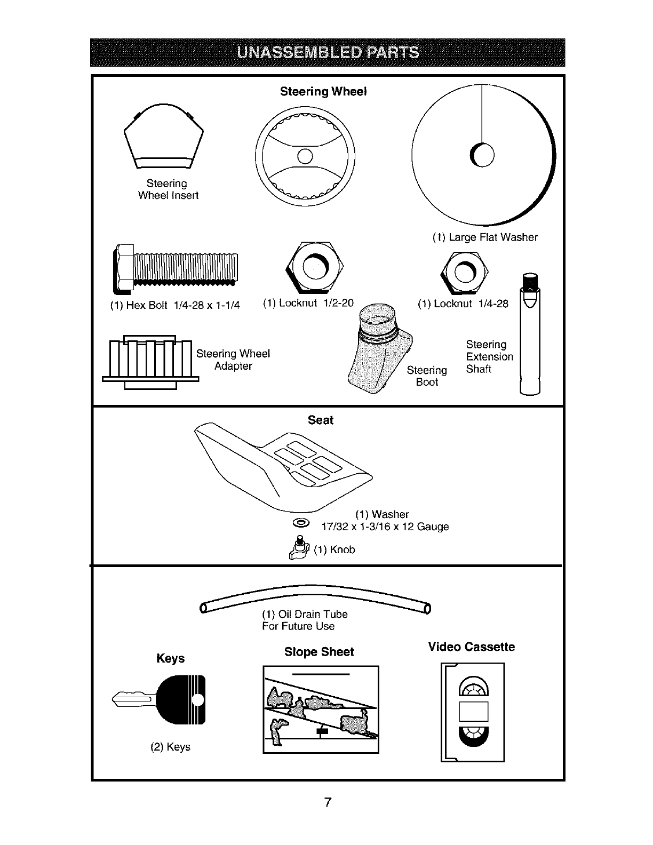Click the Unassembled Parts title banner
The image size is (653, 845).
click(x=327, y=52)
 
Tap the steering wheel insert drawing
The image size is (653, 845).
click(x=163, y=138)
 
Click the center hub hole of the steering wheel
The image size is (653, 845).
click(x=305, y=156)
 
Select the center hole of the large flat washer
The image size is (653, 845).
click(x=483, y=155)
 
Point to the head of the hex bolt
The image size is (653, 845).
click(x=124, y=269)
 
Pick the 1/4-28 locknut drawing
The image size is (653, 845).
click(x=464, y=272)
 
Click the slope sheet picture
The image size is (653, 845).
click(x=321, y=709)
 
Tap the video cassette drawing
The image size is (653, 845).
click(x=473, y=712)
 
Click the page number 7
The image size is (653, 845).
click(x=328, y=802)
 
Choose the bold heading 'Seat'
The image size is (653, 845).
click(x=321, y=420)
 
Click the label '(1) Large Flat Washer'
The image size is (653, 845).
click(x=485, y=237)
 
